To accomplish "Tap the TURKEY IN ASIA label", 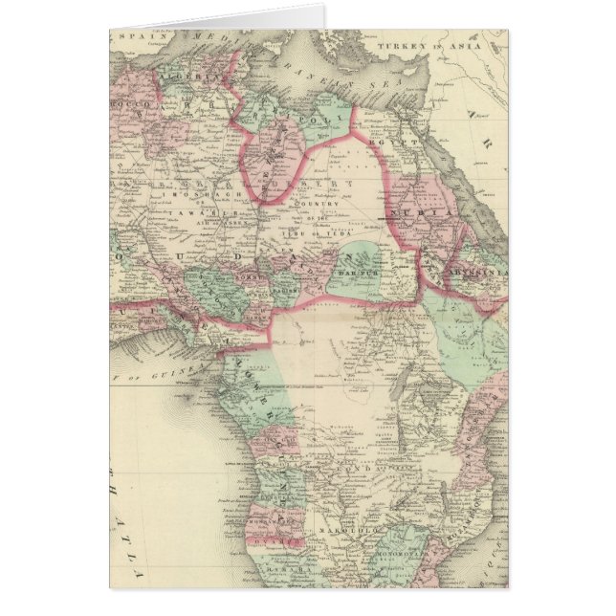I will point(422,45).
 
